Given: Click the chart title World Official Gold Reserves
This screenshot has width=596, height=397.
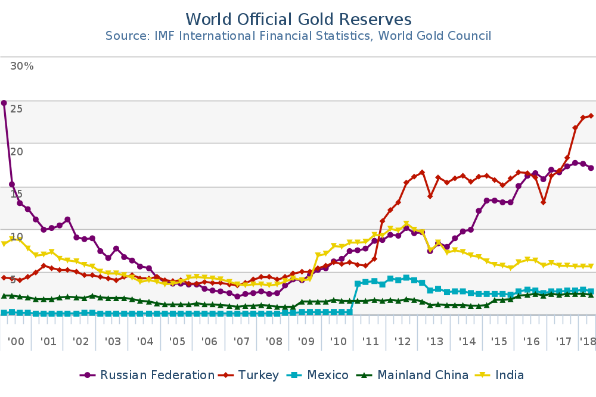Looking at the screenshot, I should (298, 18).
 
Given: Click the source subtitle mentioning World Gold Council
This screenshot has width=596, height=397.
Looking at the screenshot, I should (298, 36).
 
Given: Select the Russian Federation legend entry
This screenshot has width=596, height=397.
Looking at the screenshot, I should (147, 375).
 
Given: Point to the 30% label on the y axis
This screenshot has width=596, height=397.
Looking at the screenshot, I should (22, 66).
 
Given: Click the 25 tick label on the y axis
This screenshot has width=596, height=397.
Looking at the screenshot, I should (16, 109).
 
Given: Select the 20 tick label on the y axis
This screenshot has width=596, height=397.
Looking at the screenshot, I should (16, 152).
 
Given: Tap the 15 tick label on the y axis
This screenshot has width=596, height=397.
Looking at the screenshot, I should (16, 194).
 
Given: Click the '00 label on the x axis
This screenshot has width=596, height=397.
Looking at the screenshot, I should (16, 342).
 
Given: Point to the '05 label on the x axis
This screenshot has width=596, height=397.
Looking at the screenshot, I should (177, 342).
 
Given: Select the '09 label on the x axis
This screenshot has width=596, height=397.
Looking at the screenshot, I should (306, 342).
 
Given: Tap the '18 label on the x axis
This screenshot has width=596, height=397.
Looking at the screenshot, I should (587, 342).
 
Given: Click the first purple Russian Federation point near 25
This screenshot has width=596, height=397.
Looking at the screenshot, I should (4, 103).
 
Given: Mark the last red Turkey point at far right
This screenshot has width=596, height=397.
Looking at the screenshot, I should (591, 116).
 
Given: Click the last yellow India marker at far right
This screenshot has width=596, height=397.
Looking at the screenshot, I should (591, 267).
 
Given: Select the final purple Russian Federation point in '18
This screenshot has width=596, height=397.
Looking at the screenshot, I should (591, 168).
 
